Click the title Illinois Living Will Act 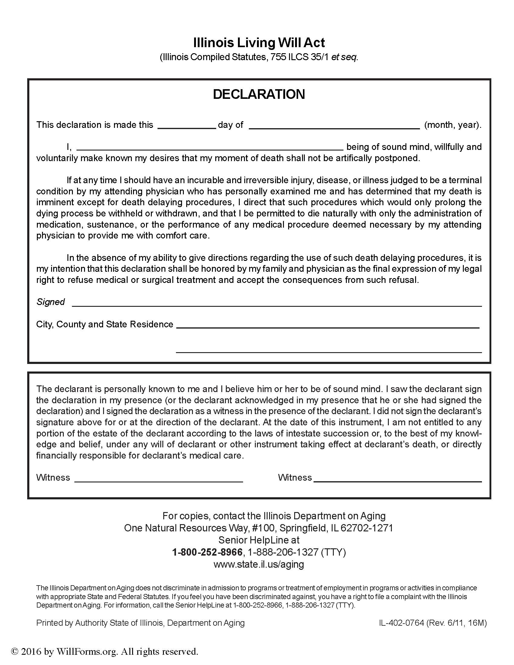click(x=259, y=43)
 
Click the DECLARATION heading click(x=259, y=94)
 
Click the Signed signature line click(x=276, y=303)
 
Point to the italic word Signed click(x=50, y=302)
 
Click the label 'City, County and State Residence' click(x=104, y=324)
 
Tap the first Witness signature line click(x=159, y=480)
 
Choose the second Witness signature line click(x=398, y=480)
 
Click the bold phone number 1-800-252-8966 click(x=207, y=552)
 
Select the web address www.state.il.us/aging click(x=259, y=564)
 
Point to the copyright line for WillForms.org click(x=104, y=651)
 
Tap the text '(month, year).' click(x=453, y=125)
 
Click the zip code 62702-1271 click(x=367, y=528)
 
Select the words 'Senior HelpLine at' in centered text click(x=259, y=540)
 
